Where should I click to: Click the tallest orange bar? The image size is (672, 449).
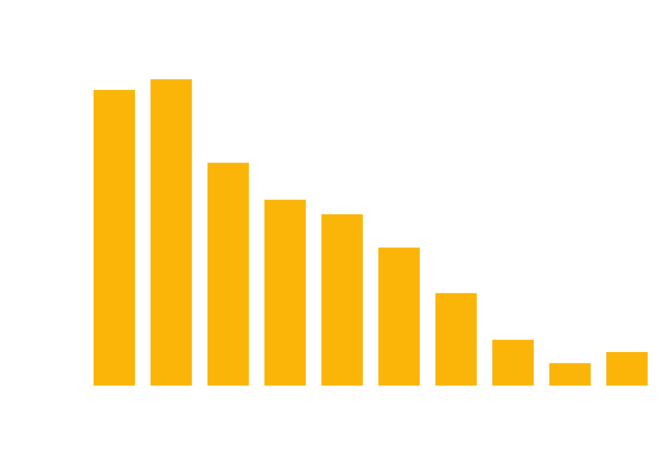point(171,232)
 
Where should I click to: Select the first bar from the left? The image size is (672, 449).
point(114,237)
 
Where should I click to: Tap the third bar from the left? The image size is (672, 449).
point(228,274)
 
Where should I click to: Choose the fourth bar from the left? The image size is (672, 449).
point(285,292)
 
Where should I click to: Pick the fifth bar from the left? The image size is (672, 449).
point(342,300)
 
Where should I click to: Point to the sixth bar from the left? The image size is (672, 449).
point(399,316)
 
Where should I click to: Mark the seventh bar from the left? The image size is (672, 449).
point(456,339)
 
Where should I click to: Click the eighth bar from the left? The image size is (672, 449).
point(513,362)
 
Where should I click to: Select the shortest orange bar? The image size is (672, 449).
point(570,374)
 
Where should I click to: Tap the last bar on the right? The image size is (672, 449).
point(627,369)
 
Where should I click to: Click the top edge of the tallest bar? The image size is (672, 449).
point(171,80)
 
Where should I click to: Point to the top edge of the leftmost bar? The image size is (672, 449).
point(114,91)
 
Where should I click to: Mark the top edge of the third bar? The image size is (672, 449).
point(228,163)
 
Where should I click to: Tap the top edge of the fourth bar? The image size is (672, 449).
point(285,200)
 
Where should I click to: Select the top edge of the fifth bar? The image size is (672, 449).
point(342,215)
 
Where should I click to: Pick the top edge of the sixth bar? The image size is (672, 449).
point(399,248)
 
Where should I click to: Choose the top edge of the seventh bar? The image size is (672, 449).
point(456,293)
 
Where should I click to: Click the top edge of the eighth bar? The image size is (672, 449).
point(513,340)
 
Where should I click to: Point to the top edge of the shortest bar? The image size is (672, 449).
point(570,364)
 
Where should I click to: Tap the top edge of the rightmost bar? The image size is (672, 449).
point(627,352)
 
